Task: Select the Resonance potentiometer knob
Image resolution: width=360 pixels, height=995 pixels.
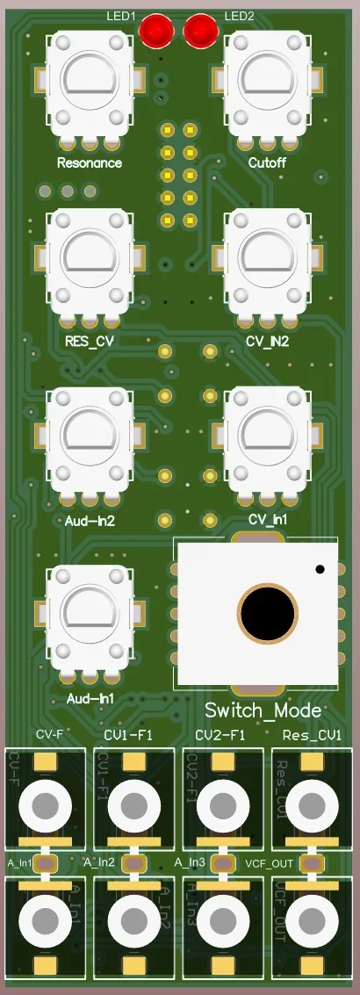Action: (x=90, y=82)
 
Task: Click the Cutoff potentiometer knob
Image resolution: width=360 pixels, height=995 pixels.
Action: (x=268, y=82)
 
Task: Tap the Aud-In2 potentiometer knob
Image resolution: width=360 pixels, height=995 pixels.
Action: (x=90, y=437)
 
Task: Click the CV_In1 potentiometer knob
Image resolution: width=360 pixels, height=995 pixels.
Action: (x=268, y=437)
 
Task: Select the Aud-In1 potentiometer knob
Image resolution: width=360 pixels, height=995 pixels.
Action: (x=90, y=615)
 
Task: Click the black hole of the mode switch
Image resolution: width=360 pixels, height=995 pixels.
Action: (x=267, y=610)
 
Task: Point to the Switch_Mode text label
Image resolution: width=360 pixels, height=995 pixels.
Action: (x=263, y=710)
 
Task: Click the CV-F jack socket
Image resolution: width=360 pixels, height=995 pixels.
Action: (x=45, y=803)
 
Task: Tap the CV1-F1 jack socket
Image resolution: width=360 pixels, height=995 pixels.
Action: (x=133, y=803)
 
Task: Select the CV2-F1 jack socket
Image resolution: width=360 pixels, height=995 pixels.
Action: (x=222, y=803)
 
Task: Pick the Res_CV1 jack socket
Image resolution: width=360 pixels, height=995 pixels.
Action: (x=311, y=803)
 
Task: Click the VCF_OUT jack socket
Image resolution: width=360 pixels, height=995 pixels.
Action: (x=311, y=919)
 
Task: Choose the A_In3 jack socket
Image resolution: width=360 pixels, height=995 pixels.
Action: (x=222, y=919)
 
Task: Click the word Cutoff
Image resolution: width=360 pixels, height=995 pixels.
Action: (x=268, y=163)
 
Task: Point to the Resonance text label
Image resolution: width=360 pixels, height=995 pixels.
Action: (x=90, y=163)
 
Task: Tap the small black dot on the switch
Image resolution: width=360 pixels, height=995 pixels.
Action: (x=320, y=570)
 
